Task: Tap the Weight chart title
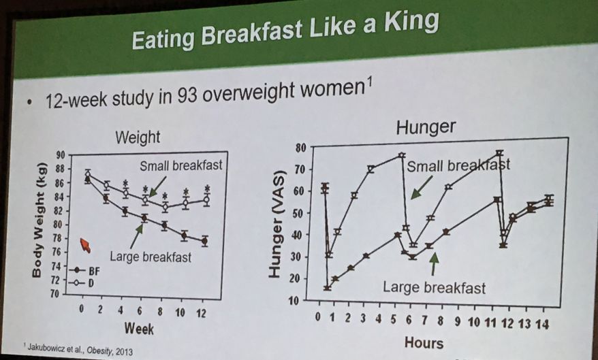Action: (137, 137)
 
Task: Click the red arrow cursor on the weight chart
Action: (84, 244)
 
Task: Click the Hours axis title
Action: (424, 342)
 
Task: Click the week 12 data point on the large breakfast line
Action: (204, 241)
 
